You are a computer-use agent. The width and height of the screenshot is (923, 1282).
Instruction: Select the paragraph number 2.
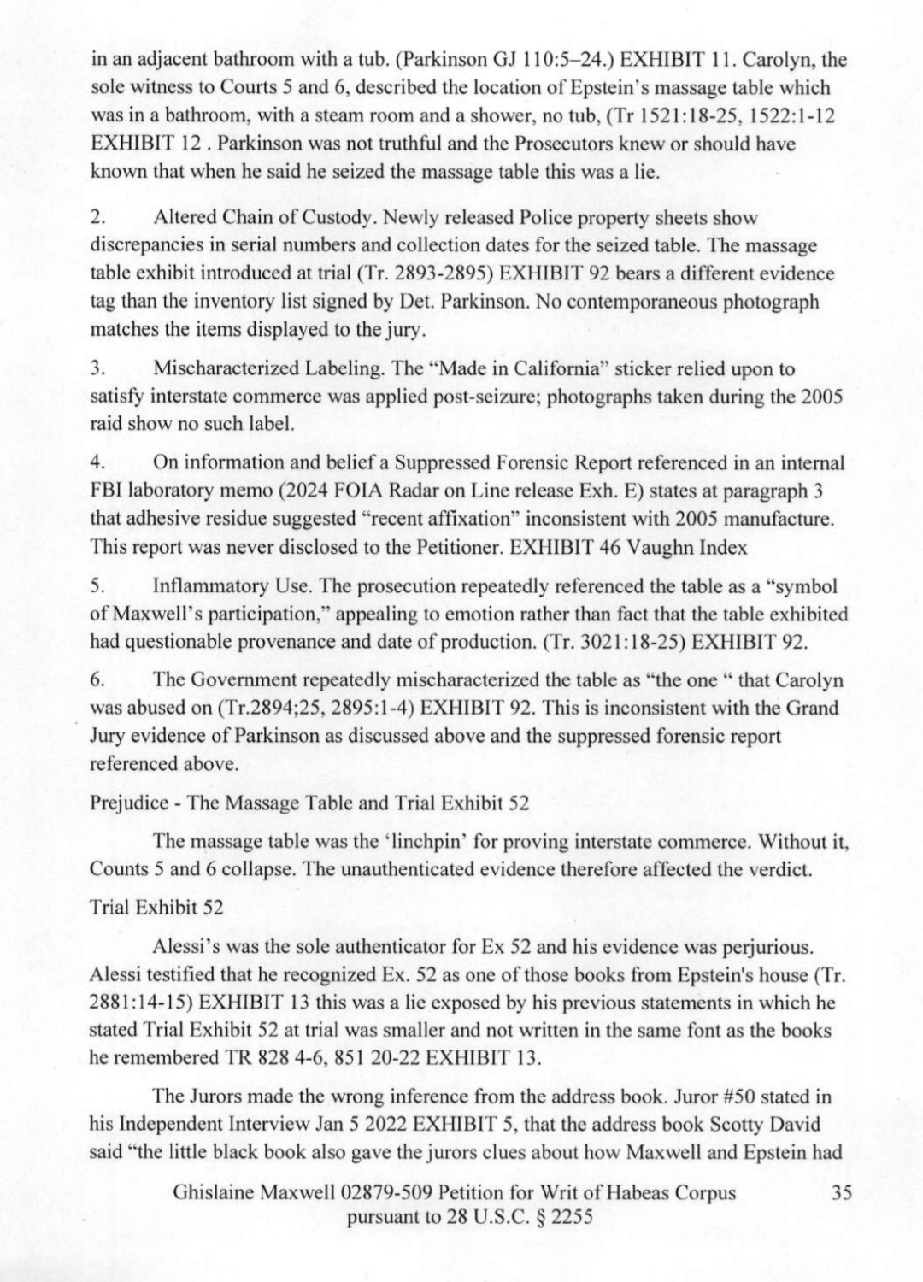coord(97,219)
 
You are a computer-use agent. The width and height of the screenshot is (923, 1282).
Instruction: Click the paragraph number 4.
coord(97,463)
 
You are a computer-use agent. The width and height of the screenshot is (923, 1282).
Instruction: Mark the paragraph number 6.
coord(97,680)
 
